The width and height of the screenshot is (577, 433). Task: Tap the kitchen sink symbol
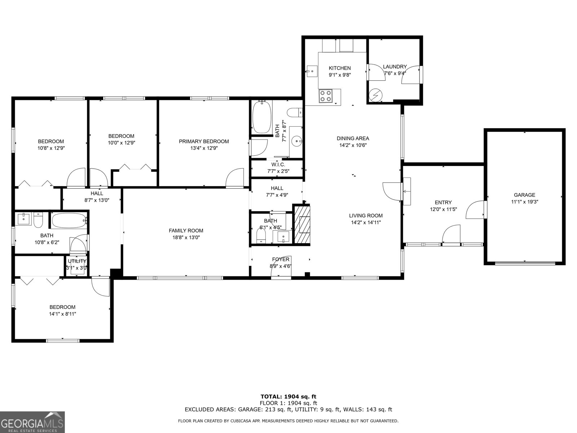pos(312,71)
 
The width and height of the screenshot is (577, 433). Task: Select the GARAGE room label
pos(524,195)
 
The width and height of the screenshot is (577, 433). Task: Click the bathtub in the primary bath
pos(261,118)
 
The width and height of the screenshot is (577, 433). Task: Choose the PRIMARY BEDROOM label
pos(204,141)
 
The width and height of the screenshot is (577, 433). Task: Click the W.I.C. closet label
pos(278,165)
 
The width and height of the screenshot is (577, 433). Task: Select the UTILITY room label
pos(77,261)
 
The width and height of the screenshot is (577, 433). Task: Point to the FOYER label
pos(281,259)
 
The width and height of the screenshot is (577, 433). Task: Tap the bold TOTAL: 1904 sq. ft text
pos(288,397)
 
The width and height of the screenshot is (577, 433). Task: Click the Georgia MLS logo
pos(32,422)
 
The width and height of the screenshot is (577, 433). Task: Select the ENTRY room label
pos(443,202)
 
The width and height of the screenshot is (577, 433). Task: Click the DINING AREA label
pos(353,138)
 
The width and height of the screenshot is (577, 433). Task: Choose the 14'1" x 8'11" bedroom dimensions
pos(62,314)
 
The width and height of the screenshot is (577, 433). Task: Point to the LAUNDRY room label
pos(395,66)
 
